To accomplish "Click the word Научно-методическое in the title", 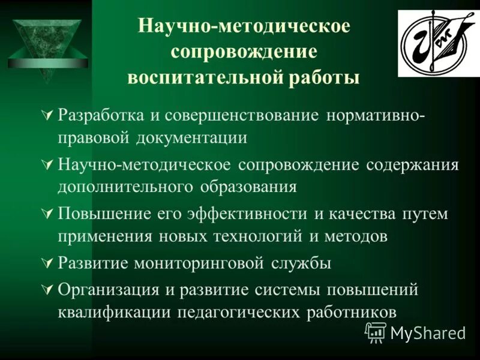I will coord(244,26).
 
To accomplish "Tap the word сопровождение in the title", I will coord(244,52).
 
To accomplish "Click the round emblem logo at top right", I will coord(431,43).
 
